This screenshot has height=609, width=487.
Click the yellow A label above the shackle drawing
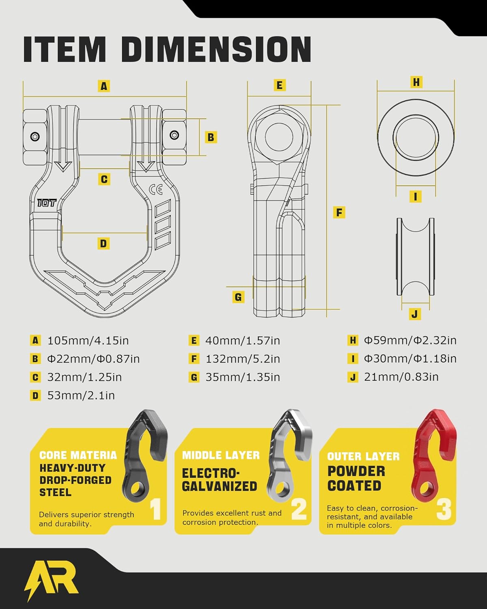pyautogui.click(x=104, y=86)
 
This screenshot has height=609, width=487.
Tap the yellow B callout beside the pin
pyautogui.click(x=211, y=137)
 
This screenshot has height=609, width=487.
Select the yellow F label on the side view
pyautogui.click(x=339, y=212)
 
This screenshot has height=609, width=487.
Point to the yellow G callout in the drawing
pyautogui.click(x=238, y=297)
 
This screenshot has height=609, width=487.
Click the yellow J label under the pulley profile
pyautogui.click(x=415, y=314)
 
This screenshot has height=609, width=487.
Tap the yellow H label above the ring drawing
pyautogui.click(x=416, y=82)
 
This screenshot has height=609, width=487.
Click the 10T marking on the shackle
pyautogui.click(x=47, y=203)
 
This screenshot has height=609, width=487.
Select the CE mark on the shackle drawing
pyautogui.click(x=156, y=189)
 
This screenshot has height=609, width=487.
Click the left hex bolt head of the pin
pyautogui.click(x=35, y=137)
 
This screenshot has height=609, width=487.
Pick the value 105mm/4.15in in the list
pyautogui.click(x=88, y=341)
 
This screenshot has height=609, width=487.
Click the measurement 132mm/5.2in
pyautogui.click(x=243, y=359)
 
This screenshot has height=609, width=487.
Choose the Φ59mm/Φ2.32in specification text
pyautogui.click(x=410, y=340)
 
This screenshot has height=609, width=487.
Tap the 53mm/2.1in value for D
pyautogui.click(x=81, y=395)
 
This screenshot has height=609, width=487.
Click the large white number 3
pyautogui.click(x=444, y=510)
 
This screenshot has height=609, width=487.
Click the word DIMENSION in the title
pyautogui.click(x=216, y=49)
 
